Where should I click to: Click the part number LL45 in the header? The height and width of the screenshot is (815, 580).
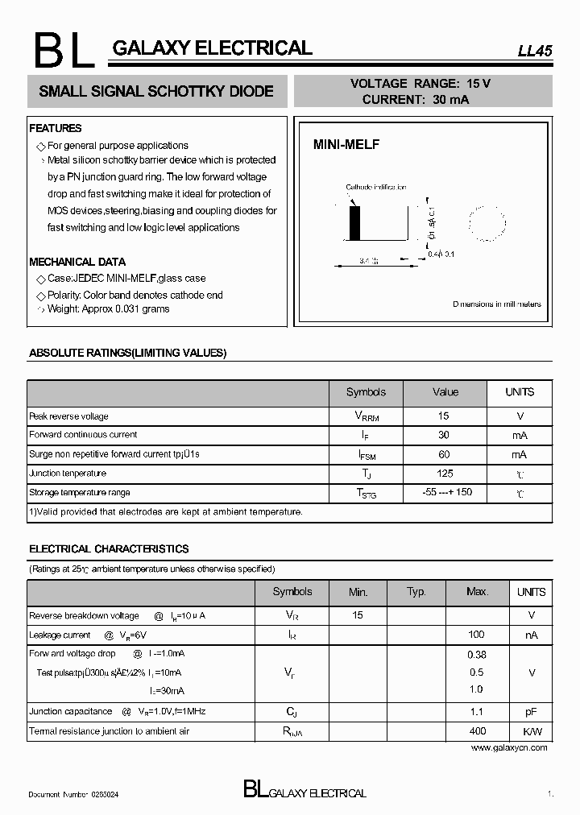tap(534, 50)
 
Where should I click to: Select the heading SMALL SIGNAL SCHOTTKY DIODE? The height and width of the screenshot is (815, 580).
tap(156, 92)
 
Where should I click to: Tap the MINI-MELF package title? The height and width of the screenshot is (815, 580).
tap(346, 145)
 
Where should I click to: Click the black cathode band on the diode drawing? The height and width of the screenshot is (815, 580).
tap(354, 222)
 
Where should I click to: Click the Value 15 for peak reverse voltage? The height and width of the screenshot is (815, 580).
tap(444, 416)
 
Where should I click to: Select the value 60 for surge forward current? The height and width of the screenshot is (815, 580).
tap(444, 454)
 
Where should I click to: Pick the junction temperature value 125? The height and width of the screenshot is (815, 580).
tap(445, 474)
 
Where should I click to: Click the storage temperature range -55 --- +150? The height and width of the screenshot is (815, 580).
tap(447, 492)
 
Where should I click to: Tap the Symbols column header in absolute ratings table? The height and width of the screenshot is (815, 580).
tap(366, 392)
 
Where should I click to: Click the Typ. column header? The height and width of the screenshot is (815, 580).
tap(416, 592)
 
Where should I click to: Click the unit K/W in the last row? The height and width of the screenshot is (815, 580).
tap(532, 731)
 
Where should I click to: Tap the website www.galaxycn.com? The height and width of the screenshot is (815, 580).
tap(508, 747)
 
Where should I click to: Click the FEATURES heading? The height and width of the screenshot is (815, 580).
tap(56, 128)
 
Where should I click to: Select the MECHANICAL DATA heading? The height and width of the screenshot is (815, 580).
tap(77, 262)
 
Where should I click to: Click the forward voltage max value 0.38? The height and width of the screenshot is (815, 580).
tap(476, 655)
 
